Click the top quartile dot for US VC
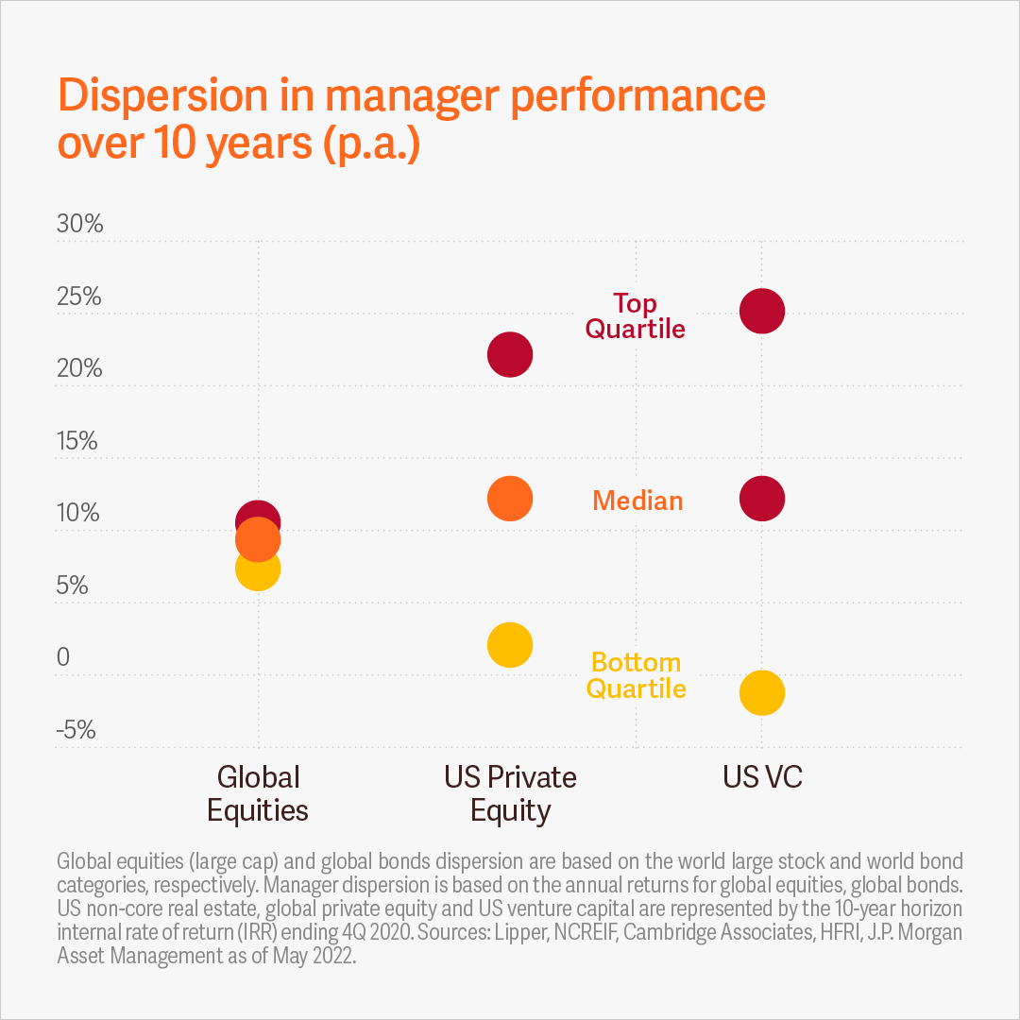(x=762, y=311)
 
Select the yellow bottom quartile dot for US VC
(x=762, y=693)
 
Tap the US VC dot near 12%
(x=762, y=498)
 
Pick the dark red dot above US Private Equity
(x=510, y=355)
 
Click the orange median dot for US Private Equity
(x=510, y=498)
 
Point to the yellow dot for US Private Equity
(x=510, y=645)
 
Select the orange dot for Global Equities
(x=258, y=541)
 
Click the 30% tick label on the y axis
(x=79, y=225)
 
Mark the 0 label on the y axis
(x=63, y=657)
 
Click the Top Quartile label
(x=635, y=315)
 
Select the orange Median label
(x=637, y=501)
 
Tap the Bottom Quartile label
(x=636, y=675)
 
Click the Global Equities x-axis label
(x=258, y=793)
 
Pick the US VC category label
(x=762, y=777)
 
